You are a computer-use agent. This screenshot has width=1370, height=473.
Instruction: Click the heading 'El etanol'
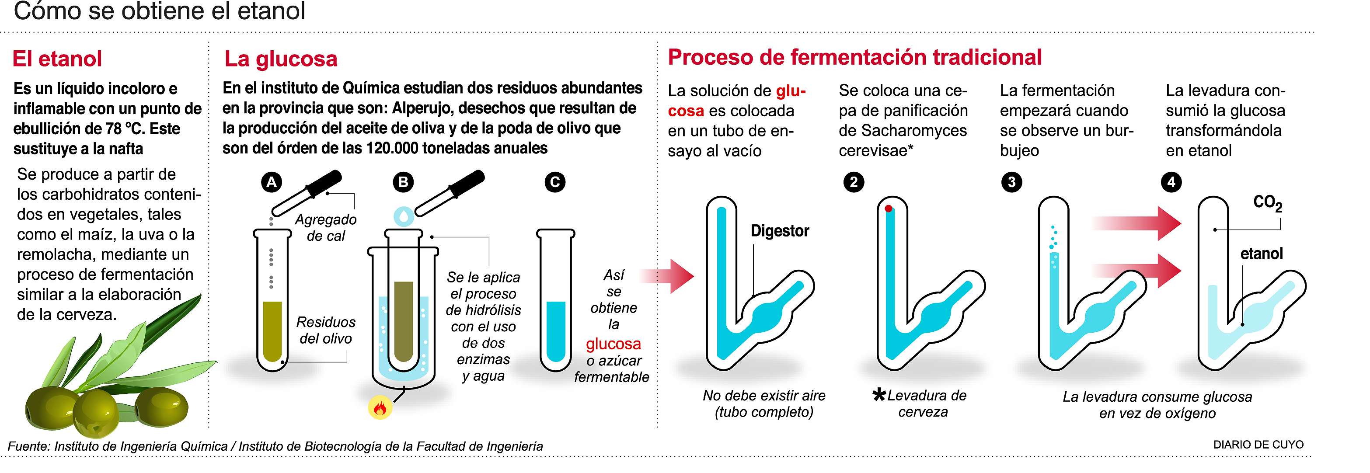point(57,59)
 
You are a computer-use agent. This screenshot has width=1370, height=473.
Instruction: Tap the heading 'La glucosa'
point(281,59)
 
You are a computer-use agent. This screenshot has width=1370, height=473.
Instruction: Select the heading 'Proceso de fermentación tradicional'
point(854,57)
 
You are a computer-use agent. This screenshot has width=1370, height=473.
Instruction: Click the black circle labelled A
point(271,182)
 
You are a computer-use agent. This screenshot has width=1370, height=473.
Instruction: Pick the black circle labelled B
point(403,182)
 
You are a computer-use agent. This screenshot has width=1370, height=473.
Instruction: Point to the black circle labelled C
point(555,182)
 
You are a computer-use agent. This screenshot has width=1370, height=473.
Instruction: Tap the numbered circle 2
point(854,182)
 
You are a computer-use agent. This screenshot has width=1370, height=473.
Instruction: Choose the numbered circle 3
point(1011,182)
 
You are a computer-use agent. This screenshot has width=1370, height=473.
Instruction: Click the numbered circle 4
point(1171,182)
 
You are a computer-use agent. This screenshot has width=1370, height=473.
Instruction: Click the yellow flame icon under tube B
point(380,407)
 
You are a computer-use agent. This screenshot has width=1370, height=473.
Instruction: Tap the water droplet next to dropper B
point(404,216)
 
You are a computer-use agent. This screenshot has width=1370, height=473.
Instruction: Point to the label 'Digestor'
point(780,231)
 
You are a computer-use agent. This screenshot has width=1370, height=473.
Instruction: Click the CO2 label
point(1267,202)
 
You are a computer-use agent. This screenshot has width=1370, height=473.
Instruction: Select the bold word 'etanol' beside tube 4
point(1262,254)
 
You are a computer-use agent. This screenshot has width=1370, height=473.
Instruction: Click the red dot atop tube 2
point(888,209)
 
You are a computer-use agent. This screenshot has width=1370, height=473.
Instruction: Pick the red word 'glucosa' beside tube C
point(613,344)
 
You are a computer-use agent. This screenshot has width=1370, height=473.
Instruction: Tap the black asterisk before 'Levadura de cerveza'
point(879,394)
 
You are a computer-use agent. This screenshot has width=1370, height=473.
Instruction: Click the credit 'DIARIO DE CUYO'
point(1258,444)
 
